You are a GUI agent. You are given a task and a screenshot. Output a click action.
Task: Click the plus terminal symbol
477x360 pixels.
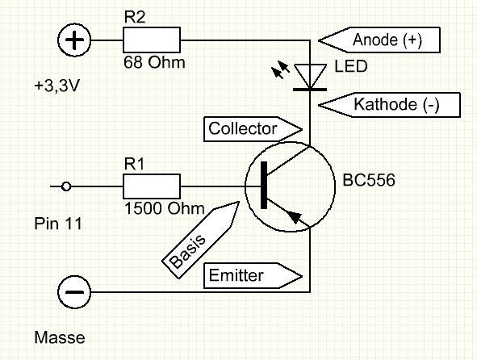[74, 40]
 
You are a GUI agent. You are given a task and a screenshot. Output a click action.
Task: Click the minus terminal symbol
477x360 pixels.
[74, 292]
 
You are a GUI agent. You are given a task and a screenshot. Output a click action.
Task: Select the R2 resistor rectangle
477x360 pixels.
[152, 40]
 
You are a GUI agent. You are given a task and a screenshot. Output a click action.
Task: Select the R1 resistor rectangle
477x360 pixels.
[152, 186]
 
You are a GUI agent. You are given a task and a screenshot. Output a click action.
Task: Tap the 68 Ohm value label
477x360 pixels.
[154, 62]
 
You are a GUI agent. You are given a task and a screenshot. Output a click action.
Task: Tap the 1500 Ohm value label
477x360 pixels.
[165, 209]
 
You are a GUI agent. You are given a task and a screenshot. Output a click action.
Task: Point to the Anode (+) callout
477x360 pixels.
[379, 40]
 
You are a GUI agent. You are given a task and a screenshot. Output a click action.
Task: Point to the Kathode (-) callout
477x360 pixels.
[389, 105]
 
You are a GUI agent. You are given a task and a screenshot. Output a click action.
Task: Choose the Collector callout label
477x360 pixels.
[253, 129]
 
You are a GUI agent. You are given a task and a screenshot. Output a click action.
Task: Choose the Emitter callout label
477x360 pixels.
[253, 276]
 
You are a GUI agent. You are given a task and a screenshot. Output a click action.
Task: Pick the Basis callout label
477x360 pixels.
[201, 240]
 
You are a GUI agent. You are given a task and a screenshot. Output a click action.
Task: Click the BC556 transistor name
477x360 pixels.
[369, 180]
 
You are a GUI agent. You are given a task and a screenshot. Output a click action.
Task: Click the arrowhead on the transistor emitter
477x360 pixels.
[295, 216]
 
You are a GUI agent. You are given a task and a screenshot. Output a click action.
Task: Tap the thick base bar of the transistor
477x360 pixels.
[264, 186]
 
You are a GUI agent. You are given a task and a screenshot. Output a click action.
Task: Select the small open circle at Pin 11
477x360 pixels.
[66, 186]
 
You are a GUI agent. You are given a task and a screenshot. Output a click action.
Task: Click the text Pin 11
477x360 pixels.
[58, 224]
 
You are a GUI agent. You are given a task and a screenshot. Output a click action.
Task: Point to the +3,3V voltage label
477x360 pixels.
[56, 86]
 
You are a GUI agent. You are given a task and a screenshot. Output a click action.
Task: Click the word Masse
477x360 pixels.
[60, 337]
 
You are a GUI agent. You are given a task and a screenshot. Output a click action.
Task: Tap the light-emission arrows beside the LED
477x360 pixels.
[281, 70]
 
